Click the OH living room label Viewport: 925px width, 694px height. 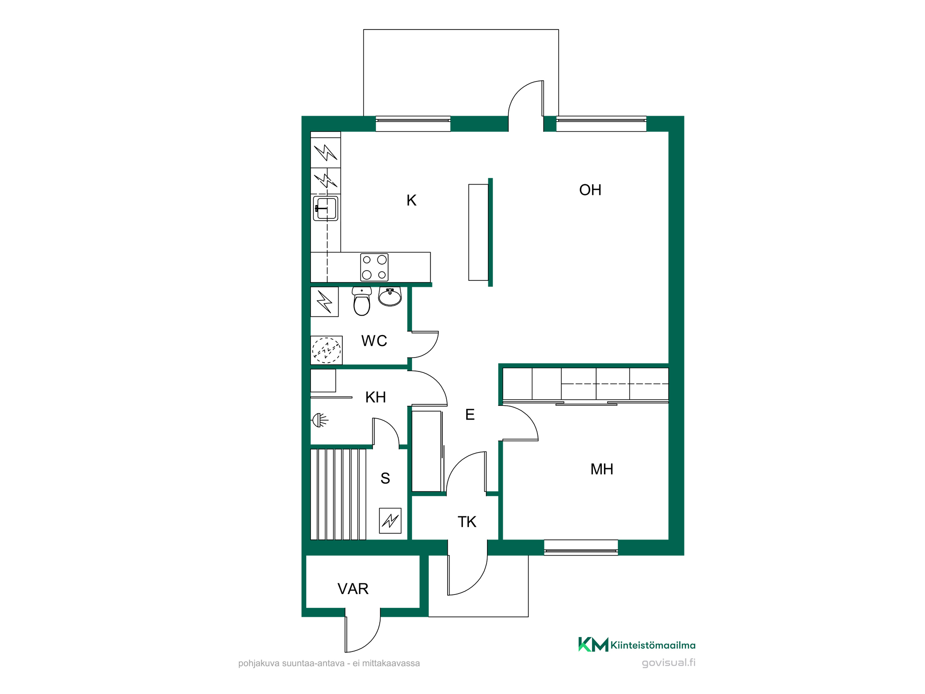pos(590,190)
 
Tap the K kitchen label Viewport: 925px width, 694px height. pos(411,200)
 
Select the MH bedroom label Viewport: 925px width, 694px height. pos(602,469)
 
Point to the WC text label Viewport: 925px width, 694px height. pos(374,341)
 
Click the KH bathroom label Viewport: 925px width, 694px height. pos(376,397)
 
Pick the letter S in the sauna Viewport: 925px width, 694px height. pos(385,478)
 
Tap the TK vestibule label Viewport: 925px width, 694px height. pos(467,522)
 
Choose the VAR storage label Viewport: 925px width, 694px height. pos(353,589)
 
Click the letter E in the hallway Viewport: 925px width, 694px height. pos(470,415)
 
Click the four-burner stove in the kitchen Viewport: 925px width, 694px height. pos(374,267)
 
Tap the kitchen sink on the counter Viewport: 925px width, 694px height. pos(326,208)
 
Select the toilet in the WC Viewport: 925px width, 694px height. pos(362,301)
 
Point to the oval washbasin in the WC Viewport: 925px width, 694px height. pos(390,297)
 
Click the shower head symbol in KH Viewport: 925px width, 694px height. pos(320,420)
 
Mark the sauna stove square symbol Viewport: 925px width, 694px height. pos(390,520)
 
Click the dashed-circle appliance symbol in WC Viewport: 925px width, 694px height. pos(327,350)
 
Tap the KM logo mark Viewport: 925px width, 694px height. pos(593,644)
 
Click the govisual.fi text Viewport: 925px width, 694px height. pos(668,663)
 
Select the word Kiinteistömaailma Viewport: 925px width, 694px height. pos(653,645)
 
